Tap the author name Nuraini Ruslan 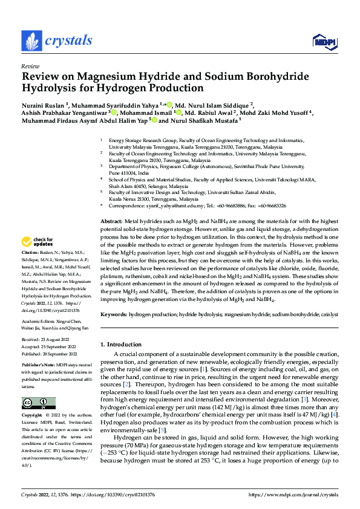point(42,104)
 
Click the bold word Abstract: point(111,222)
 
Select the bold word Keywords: point(114,315)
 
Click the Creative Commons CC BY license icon point(38,403)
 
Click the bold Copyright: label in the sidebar point(32,416)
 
